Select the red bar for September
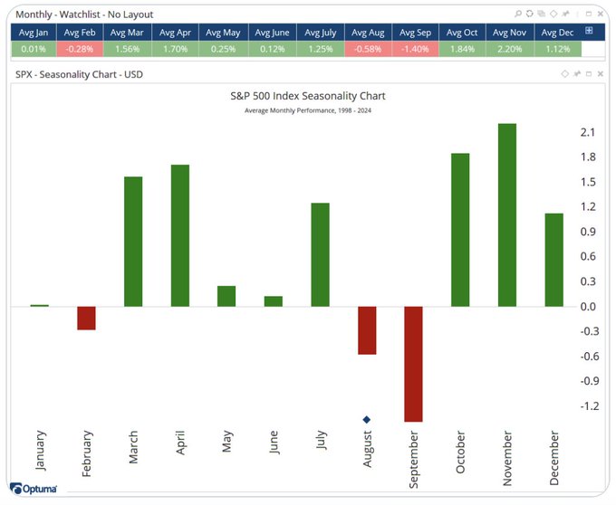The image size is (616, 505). (414, 364)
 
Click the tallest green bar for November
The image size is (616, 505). (507, 214)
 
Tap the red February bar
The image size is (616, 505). (86, 318)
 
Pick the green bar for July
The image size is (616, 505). (321, 254)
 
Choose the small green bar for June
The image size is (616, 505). (274, 300)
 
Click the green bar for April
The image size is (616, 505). (180, 235)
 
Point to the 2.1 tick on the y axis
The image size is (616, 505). (587, 133)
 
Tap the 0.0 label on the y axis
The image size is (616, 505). (587, 306)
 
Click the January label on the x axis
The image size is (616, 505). (40, 451)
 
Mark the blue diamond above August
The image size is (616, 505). (367, 419)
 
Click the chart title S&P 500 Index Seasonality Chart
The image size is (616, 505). (308, 95)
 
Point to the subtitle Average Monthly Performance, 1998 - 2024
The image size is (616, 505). (308, 110)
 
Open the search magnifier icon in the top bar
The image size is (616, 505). (518, 14)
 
